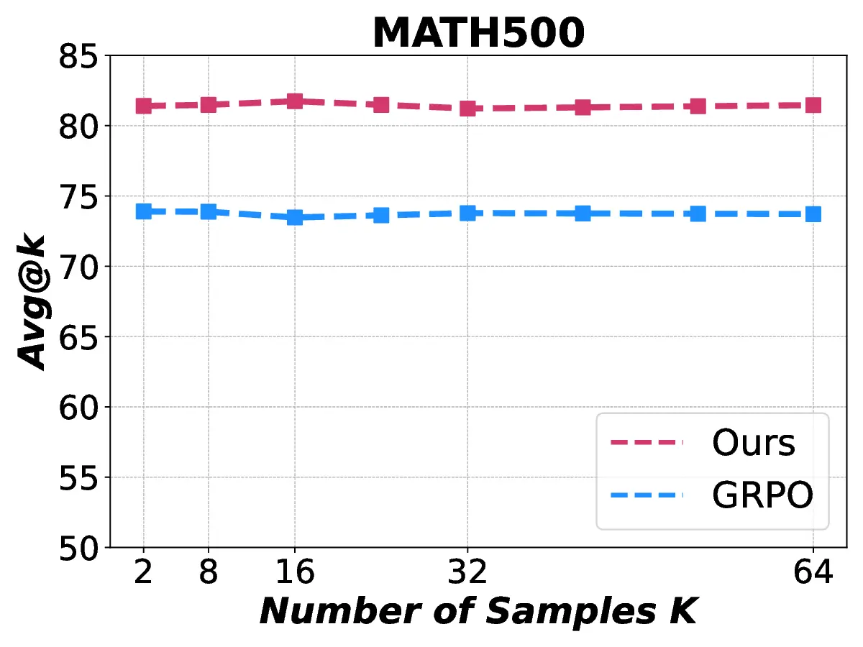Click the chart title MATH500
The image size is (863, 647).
(478, 32)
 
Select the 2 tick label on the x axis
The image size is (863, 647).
(143, 574)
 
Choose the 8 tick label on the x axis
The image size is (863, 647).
(209, 574)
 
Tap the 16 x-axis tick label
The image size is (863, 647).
(295, 574)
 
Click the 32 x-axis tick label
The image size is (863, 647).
(468, 574)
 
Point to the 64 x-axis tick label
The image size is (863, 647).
(813, 574)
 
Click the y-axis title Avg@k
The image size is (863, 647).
(32, 301)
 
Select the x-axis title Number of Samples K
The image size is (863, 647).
(478, 611)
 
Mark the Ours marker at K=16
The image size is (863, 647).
(295, 101)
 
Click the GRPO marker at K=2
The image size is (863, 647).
(143, 211)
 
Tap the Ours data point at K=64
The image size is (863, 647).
(813, 105)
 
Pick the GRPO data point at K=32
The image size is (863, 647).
(468, 213)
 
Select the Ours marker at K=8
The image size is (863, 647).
(209, 105)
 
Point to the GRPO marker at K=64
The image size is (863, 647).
(813, 214)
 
